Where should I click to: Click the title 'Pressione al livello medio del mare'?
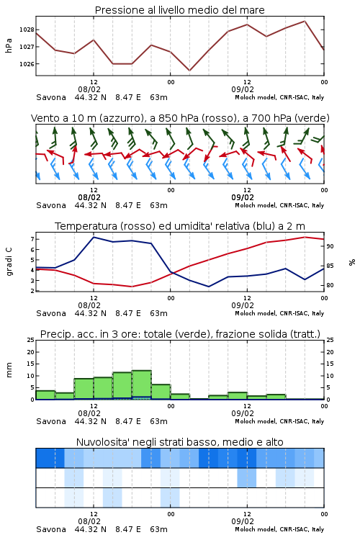point(179,10)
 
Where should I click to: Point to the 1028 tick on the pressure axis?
point(27,30)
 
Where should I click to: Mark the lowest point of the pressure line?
point(189,71)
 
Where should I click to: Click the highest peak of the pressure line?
point(305,21)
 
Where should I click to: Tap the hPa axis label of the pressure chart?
point(9,46)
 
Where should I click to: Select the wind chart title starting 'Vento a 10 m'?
point(180,118)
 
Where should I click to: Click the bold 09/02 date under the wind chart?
point(243,197)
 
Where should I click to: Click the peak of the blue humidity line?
point(94,237)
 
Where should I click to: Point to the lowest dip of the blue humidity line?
point(208,287)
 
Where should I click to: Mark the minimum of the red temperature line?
point(131,287)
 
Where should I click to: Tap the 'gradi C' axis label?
point(9,261)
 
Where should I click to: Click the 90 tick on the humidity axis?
point(330,246)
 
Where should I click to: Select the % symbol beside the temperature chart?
point(352,262)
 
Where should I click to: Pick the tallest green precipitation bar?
point(142,384)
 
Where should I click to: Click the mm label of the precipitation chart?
point(9,370)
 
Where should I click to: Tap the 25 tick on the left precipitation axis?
point(31,340)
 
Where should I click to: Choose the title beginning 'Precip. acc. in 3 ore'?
point(180,334)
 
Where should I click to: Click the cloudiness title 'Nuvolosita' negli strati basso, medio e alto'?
point(179,442)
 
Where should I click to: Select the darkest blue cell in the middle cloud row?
point(247,477)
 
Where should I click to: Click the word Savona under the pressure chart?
point(51,97)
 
